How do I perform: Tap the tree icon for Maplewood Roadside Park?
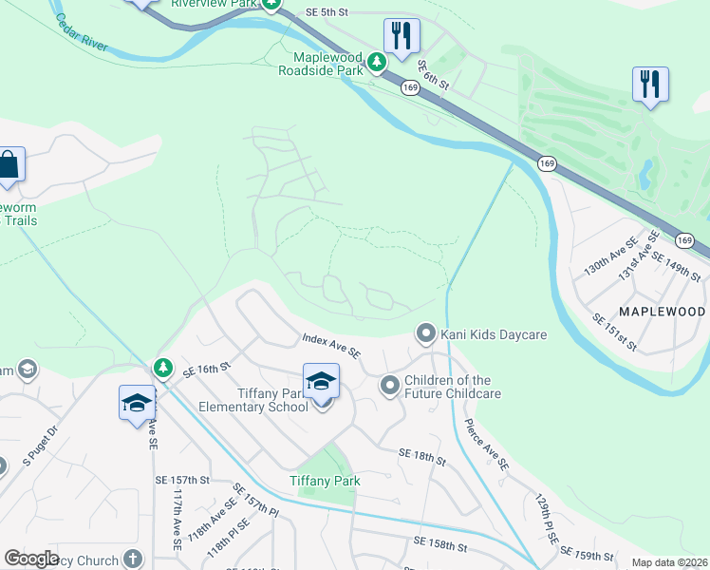tap(377, 63)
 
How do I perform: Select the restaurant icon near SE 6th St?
tap(402, 36)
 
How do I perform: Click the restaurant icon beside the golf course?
tap(650, 84)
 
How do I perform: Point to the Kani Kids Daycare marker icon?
tap(426, 333)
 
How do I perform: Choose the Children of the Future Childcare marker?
tap(389, 386)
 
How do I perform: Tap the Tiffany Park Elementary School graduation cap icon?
tap(322, 382)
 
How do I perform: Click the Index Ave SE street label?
tap(331, 345)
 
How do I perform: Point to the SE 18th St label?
tap(422, 457)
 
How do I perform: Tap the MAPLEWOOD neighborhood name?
tap(663, 312)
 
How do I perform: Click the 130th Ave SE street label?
tap(600, 256)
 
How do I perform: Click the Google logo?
tap(31, 559)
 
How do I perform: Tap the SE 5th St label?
tap(328, 12)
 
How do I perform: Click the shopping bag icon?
tap(9, 164)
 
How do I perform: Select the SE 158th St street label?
tap(439, 544)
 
